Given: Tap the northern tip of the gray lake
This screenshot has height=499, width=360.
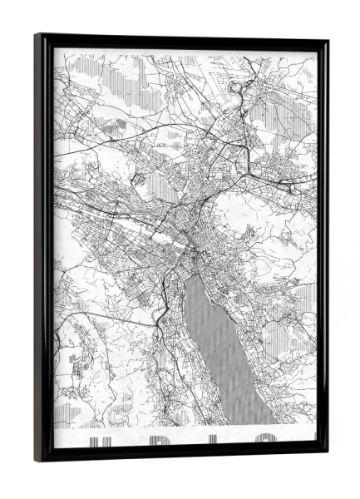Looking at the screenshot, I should [x=194, y=275].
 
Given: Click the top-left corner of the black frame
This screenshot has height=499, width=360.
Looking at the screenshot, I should [x=37, y=36].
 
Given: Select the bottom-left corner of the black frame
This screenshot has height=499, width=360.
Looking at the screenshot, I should [x=37, y=459].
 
